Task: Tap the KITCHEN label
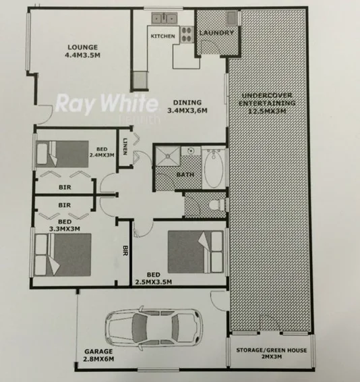162,36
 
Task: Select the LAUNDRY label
217,32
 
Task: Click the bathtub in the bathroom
214,167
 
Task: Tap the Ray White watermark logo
106,105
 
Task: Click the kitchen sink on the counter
162,18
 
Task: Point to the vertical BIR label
125,251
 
